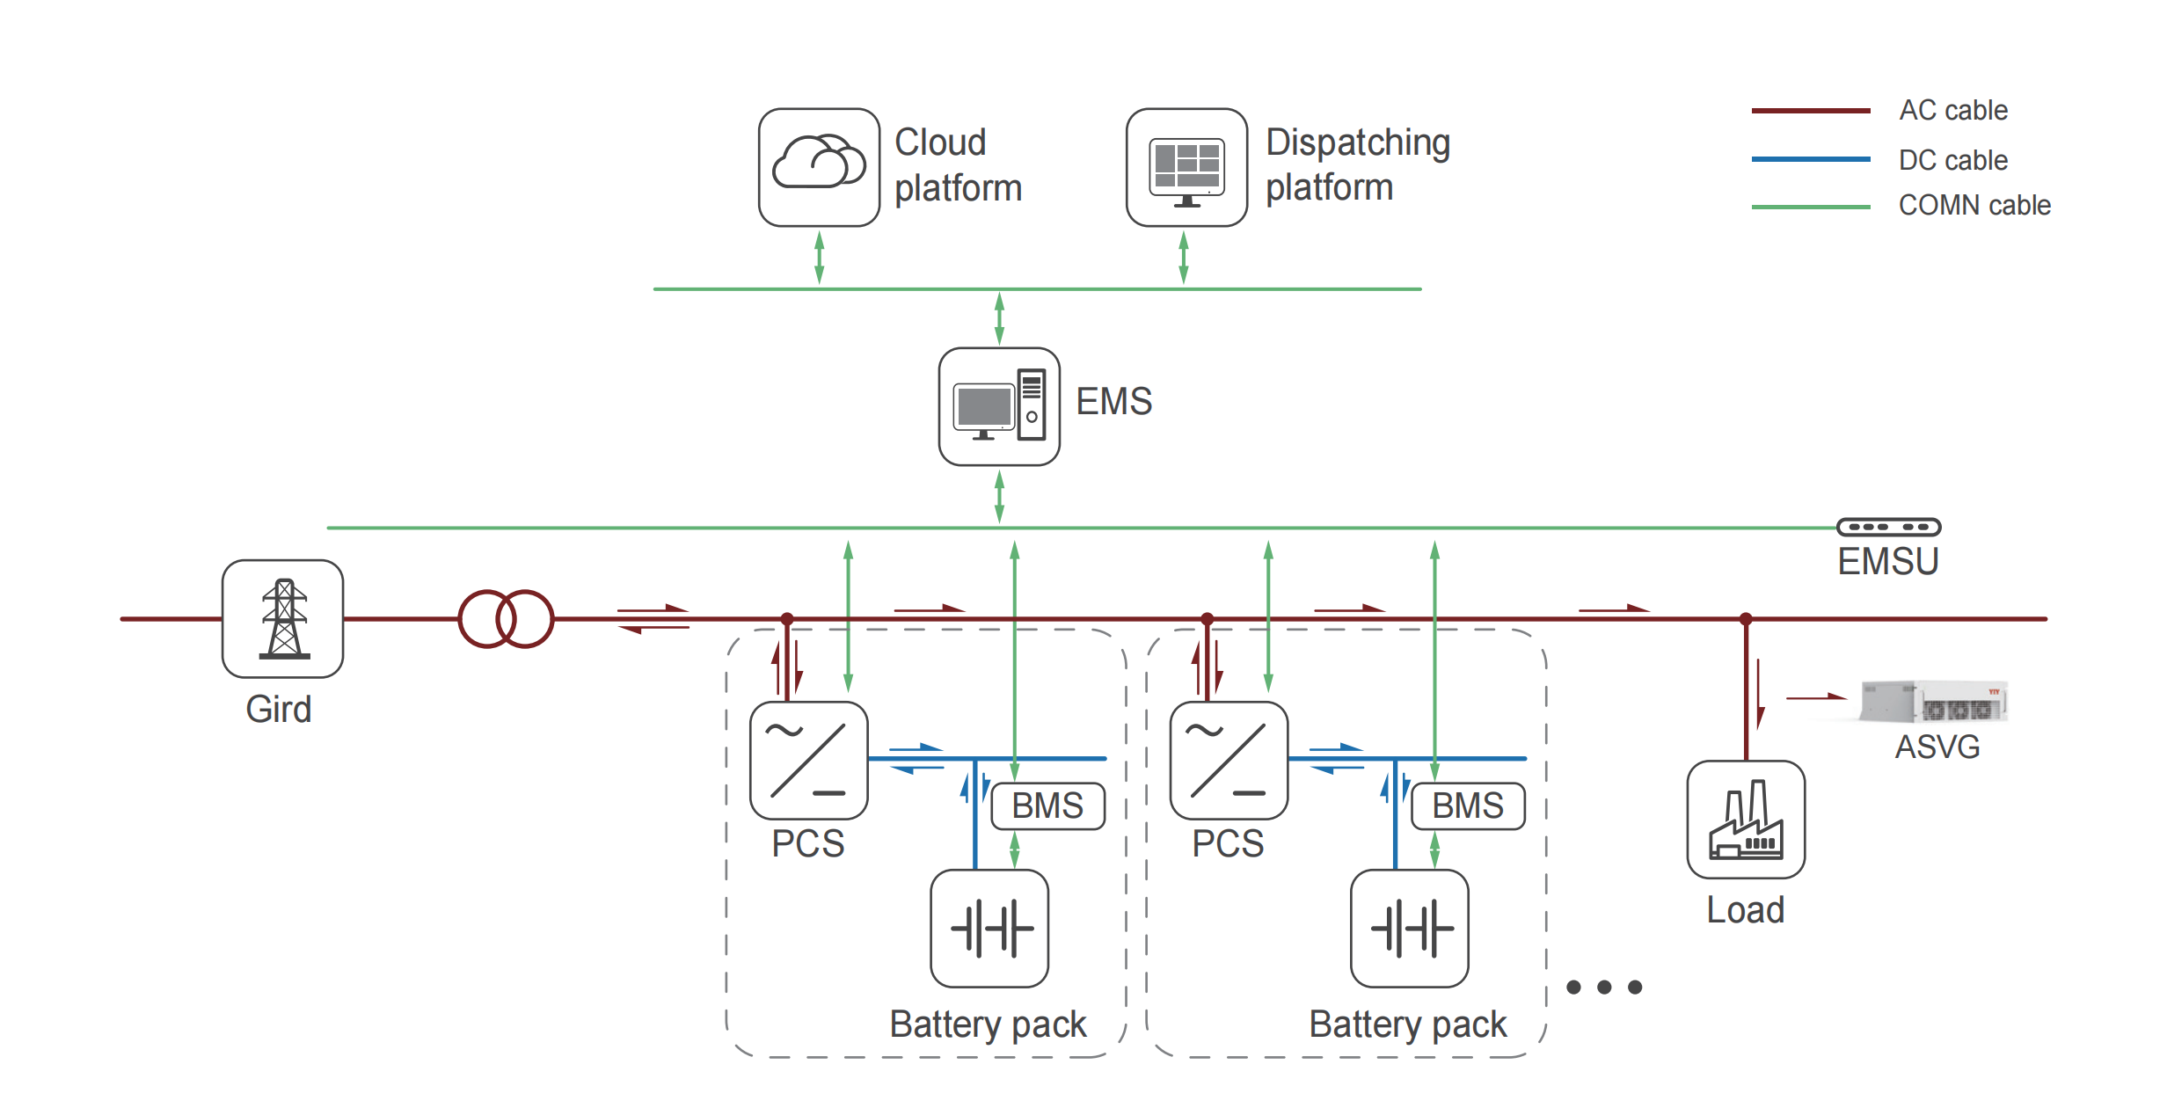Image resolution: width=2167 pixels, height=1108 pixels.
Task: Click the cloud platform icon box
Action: (x=819, y=167)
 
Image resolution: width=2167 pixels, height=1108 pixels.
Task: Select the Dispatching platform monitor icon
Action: (x=1186, y=167)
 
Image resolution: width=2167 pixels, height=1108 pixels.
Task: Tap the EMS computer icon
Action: (x=999, y=406)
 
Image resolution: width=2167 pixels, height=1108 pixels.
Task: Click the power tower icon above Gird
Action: (x=282, y=618)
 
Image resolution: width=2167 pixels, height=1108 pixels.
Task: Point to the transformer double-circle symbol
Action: (x=506, y=619)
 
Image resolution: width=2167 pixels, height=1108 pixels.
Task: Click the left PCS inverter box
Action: (x=808, y=761)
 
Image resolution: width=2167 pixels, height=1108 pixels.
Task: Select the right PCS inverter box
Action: (x=1229, y=761)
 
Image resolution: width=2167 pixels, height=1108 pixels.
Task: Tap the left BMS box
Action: (x=1047, y=805)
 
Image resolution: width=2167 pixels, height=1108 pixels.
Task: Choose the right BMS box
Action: (x=1468, y=805)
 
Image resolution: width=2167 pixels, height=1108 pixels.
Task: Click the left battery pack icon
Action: (x=989, y=929)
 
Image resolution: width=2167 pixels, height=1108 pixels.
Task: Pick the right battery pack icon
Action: (x=1410, y=929)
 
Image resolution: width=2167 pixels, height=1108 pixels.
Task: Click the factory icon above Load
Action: (x=1746, y=820)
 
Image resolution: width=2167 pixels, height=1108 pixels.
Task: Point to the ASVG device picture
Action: (x=1935, y=701)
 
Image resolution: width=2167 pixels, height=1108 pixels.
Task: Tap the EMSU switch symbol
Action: (x=1888, y=527)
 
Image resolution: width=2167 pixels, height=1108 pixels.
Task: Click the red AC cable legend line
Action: (x=1810, y=111)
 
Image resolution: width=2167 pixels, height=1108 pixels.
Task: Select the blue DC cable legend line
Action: (x=1810, y=159)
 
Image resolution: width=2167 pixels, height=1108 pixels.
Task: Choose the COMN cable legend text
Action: (x=1974, y=206)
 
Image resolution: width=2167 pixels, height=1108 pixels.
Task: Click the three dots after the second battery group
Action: (x=1604, y=987)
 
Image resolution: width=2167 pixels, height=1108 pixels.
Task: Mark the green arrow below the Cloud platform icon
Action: (x=819, y=258)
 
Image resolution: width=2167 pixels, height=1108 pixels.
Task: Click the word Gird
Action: (x=278, y=709)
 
